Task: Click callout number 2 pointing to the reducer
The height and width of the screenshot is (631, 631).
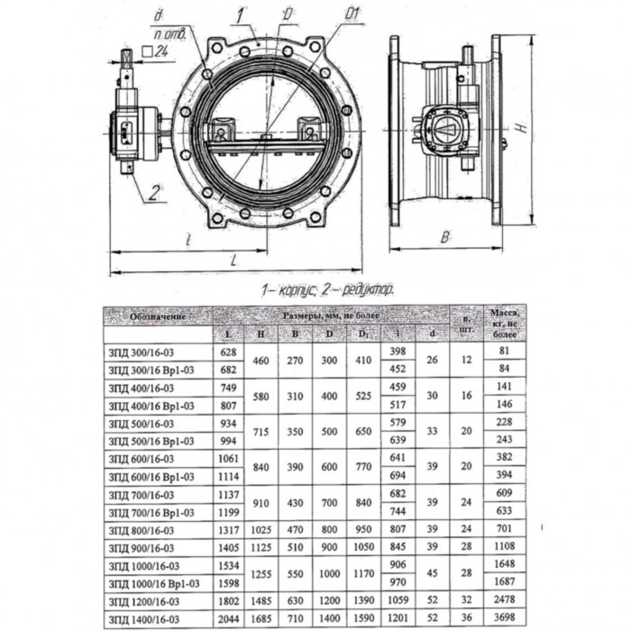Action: [154, 191]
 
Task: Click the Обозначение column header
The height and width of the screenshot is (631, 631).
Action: [145, 316]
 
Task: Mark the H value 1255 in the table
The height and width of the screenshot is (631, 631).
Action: [261, 573]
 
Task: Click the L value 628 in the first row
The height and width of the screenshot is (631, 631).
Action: [227, 350]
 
